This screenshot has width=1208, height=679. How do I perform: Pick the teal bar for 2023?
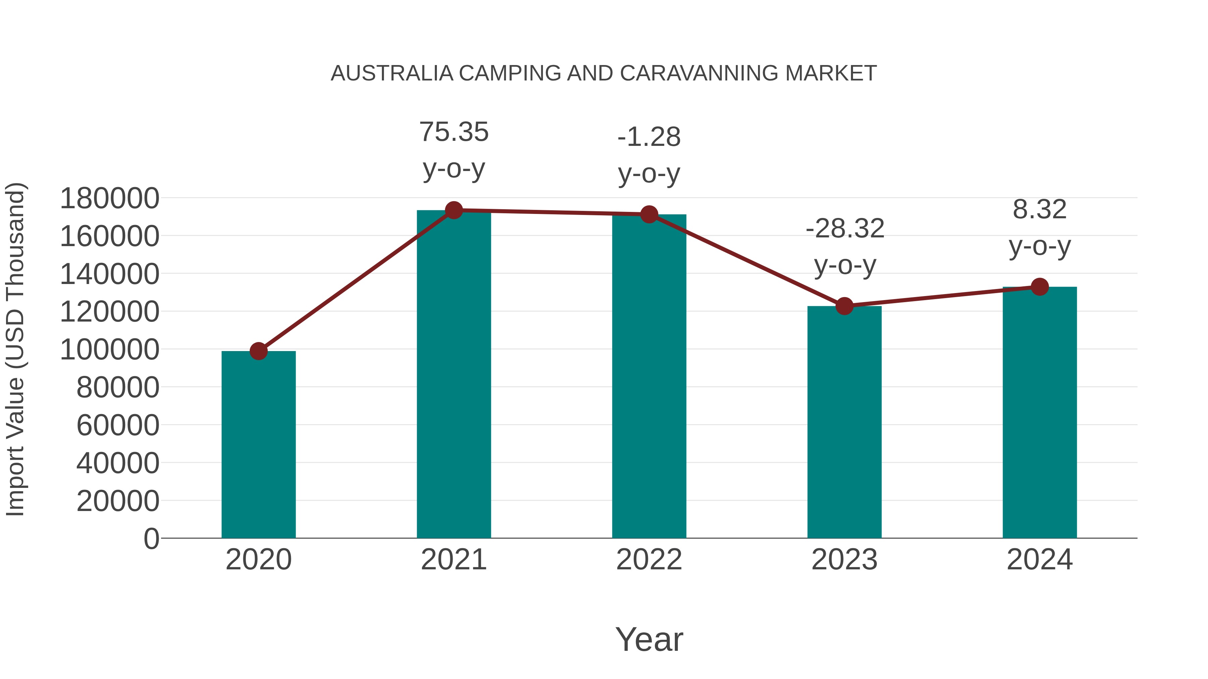coord(844,422)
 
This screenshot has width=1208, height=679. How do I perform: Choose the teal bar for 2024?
coord(1040,412)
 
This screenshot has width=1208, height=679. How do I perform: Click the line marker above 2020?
coord(258,351)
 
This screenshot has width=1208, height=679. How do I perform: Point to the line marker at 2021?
coord(453,210)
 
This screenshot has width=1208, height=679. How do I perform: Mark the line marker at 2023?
coord(844,306)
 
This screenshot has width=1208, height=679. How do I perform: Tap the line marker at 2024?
coord(1040,287)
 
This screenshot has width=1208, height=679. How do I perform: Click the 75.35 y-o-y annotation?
coord(453,150)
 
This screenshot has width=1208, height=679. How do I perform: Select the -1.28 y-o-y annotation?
coord(649,155)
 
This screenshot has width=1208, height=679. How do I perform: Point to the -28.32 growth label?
coord(845,247)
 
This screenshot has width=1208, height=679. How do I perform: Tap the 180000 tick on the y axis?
coord(110,198)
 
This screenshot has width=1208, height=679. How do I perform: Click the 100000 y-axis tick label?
coord(110,350)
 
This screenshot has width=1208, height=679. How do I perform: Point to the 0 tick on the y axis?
coord(151,539)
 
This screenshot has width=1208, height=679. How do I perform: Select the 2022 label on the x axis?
coord(649,560)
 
